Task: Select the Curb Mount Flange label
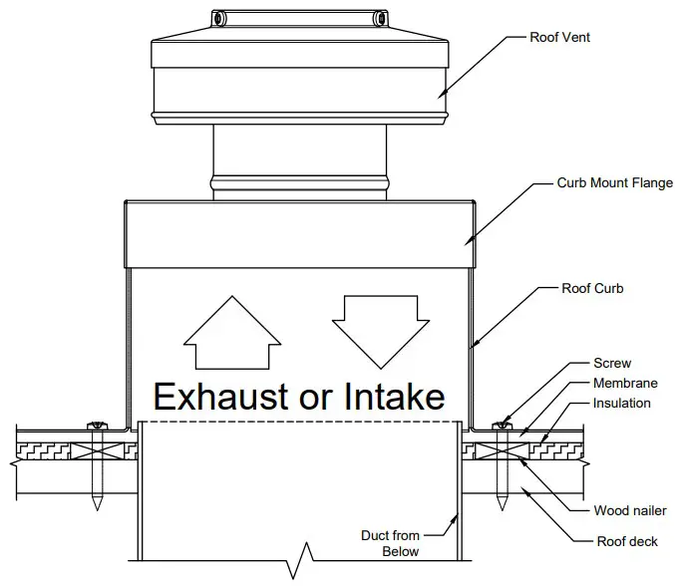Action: [x=614, y=183]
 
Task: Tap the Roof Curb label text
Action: [x=592, y=289]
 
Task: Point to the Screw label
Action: [x=612, y=364]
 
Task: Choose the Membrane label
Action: [x=622, y=384]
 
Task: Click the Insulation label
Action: [x=621, y=404]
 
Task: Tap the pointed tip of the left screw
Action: [x=98, y=505]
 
